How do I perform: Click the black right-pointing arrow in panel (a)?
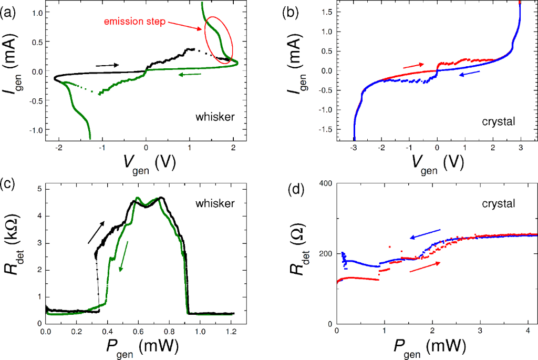(x=107, y=65)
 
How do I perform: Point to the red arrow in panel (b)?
(x=413, y=66)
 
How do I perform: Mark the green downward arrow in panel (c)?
(x=123, y=256)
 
